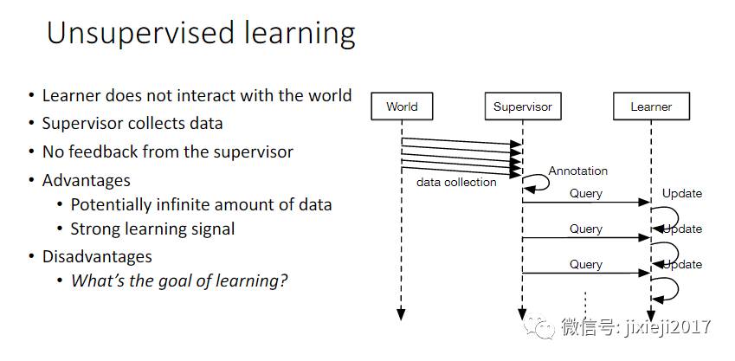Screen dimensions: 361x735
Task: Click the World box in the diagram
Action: click(x=402, y=106)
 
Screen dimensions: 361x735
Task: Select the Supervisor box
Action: click(x=522, y=106)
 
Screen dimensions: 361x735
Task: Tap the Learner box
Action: click(x=651, y=106)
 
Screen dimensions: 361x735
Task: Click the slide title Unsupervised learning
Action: click(x=201, y=34)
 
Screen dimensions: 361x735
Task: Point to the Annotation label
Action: click(x=577, y=171)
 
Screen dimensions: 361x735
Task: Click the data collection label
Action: click(x=456, y=182)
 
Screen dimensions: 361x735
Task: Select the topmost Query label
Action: click(x=585, y=193)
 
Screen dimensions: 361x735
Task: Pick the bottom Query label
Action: click(x=585, y=264)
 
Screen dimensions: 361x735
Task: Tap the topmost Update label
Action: click(x=682, y=193)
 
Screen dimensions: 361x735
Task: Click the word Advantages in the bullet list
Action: click(x=87, y=181)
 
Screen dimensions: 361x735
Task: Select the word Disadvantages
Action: click(x=97, y=256)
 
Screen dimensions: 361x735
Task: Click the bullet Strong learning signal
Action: click(x=152, y=229)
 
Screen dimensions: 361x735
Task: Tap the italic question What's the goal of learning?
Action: click(x=179, y=280)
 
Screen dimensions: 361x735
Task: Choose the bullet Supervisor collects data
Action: click(x=132, y=124)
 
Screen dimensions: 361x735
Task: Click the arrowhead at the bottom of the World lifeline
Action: click(x=402, y=314)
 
